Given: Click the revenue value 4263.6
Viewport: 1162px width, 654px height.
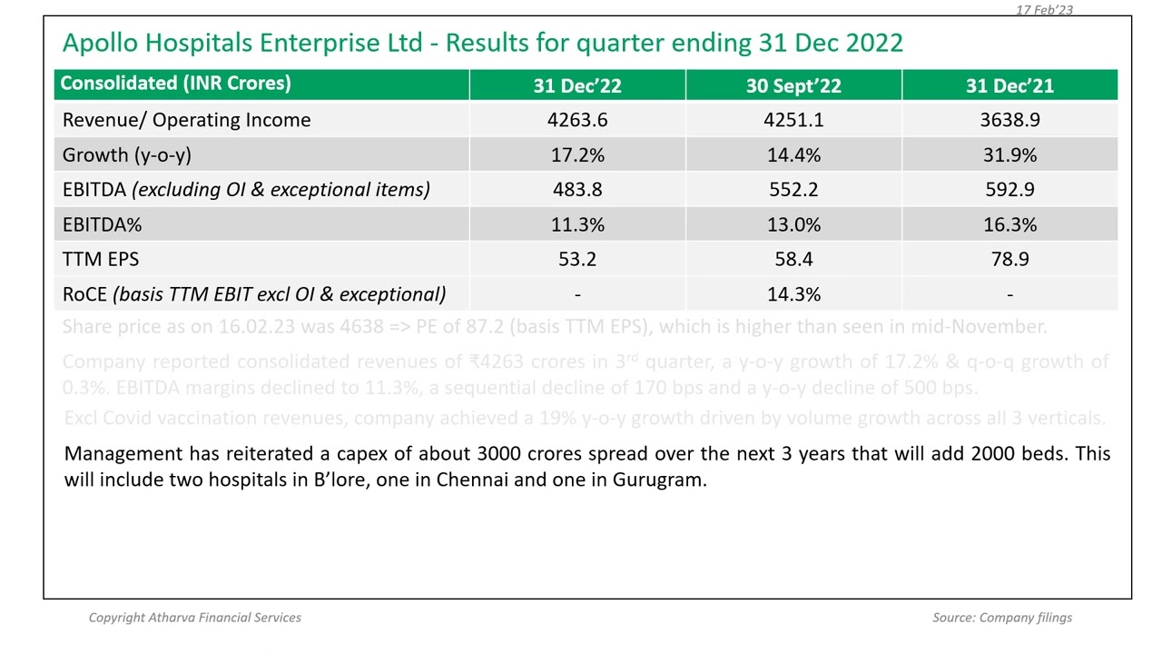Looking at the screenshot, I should click(x=577, y=121).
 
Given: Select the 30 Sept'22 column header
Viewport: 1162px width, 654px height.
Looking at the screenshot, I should click(x=793, y=86).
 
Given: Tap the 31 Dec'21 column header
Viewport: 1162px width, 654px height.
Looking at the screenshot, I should click(x=1009, y=86).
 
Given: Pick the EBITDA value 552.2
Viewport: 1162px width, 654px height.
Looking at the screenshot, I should click(x=793, y=190).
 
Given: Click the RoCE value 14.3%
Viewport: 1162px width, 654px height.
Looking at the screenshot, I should click(x=793, y=294).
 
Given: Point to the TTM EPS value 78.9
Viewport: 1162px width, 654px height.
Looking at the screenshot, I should click(x=1009, y=260).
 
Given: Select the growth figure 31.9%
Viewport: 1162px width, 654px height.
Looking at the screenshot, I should click(x=1009, y=155).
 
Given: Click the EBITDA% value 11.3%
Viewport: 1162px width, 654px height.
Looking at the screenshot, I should click(x=577, y=225).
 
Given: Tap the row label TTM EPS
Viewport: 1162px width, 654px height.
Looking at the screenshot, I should click(x=101, y=260).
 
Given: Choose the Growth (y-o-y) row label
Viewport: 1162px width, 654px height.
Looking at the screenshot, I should click(x=126, y=155).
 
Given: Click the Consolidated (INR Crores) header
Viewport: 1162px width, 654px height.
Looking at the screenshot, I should click(x=175, y=84).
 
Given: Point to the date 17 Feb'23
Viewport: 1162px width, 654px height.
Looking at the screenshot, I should click(x=1044, y=9).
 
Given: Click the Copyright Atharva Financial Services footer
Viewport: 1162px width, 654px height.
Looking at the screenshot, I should click(x=194, y=618).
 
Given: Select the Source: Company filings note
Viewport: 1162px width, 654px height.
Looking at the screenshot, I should click(x=1001, y=618).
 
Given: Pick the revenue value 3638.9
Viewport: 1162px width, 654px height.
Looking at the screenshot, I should click(x=1009, y=121).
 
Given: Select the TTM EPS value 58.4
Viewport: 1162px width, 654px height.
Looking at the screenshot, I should click(x=793, y=260).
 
